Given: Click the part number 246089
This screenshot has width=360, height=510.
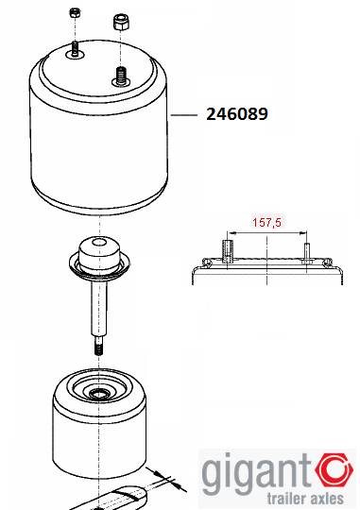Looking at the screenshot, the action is (x=237, y=114).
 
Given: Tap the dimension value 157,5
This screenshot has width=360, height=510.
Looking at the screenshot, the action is (x=266, y=223).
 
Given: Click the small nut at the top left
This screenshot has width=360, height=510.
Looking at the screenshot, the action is (x=76, y=13).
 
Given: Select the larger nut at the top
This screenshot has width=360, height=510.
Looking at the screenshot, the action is (x=120, y=23).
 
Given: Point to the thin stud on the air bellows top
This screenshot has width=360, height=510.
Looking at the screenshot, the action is (x=76, y=50).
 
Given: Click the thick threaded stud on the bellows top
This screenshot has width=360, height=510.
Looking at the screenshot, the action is (x=121, y=76).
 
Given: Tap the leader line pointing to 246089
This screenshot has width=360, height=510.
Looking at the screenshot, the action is (x=184, y=115).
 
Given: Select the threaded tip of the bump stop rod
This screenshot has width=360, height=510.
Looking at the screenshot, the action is (x=98, y=346).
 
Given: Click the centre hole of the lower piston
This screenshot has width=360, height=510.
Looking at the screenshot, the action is (x=98, y=394).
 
